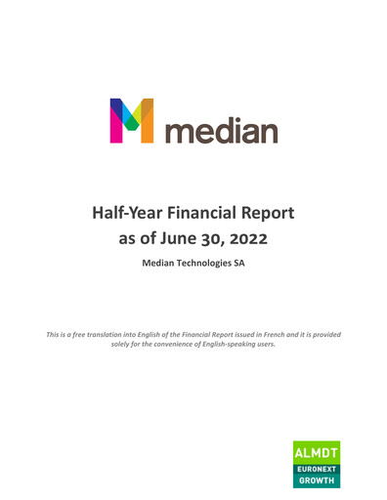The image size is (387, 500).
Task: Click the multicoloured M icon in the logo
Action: pos(133,121)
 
